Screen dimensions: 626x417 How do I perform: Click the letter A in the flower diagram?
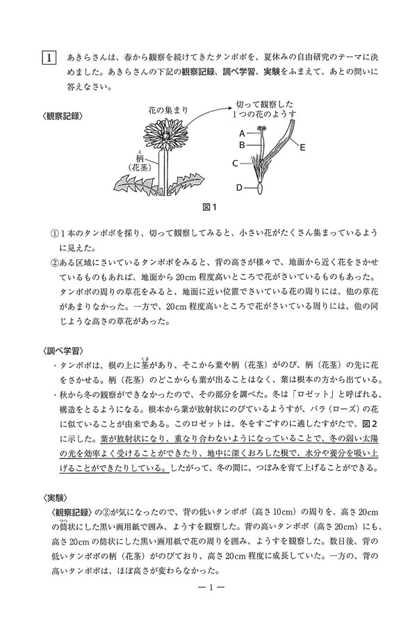[241, 132]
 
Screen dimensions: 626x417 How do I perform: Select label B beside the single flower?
[241, 145]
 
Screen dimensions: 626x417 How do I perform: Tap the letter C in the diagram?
[235, 163]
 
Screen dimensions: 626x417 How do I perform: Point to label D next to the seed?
[239, 187]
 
